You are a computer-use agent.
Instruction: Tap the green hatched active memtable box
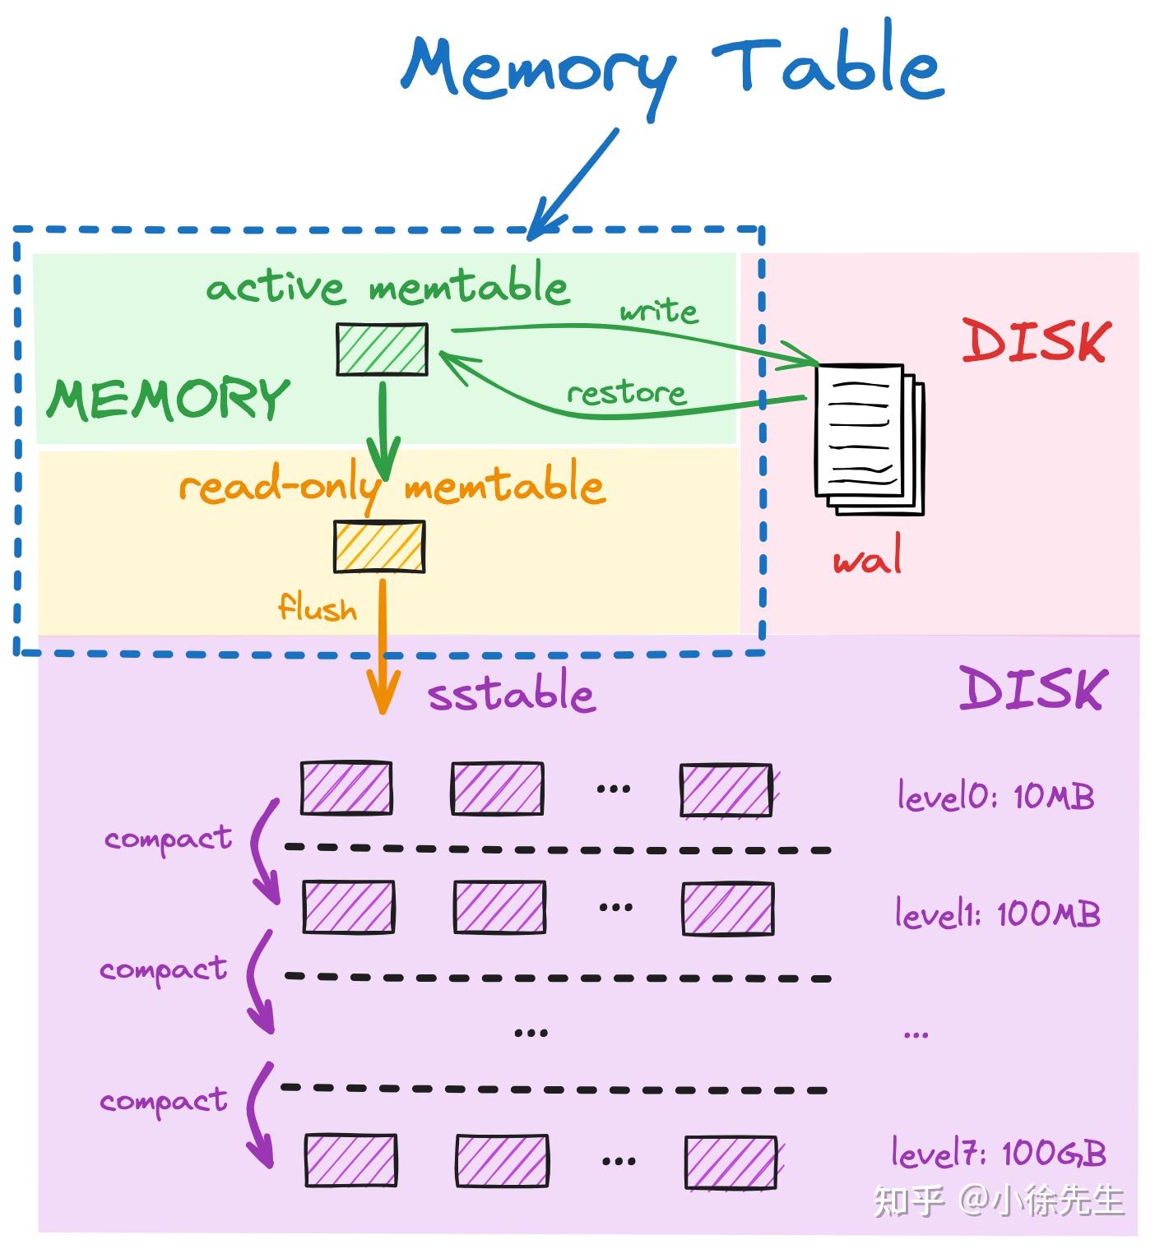point(382,349)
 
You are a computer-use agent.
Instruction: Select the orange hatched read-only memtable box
point(379,546)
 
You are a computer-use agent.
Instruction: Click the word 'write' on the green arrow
point(658,311)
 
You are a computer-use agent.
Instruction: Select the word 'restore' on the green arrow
point(627,393)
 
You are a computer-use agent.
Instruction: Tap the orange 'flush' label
point(318,608)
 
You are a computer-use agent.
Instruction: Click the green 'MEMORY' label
point(168,399)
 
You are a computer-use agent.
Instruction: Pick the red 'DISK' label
point(1035,341)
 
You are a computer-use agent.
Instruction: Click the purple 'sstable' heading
point(511,695)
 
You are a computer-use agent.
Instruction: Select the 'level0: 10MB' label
point(995,796)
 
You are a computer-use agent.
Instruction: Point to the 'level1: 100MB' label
point(997,914)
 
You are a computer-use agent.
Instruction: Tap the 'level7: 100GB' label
point(999,1153)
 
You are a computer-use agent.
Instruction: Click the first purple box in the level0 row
point(346,788)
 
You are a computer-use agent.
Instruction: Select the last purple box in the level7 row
point(731,1162)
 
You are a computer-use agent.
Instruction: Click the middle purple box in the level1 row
point(499,907)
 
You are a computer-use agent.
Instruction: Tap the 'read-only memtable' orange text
point(392,487)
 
